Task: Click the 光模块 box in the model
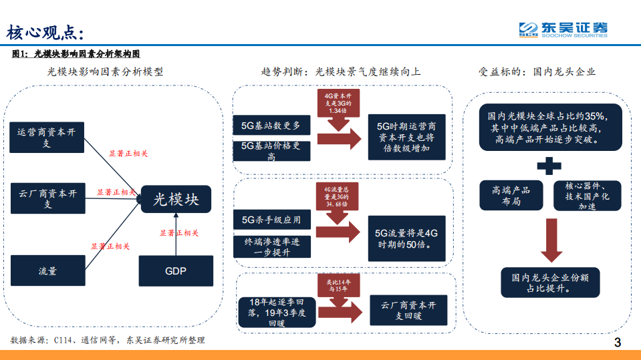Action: coord(176,199)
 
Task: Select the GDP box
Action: coord(176,271)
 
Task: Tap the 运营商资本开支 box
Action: coord(47,138)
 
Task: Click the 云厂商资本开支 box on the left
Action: coord(47,199)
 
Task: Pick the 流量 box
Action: coord(47,271)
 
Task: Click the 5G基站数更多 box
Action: coord(271,125)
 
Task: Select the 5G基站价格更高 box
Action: coord(271,150)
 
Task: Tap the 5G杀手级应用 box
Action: coord(271,219)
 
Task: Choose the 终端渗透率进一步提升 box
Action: coord(271,246)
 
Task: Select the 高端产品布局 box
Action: coord(511,196)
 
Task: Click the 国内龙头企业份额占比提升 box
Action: coord(550,283)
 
